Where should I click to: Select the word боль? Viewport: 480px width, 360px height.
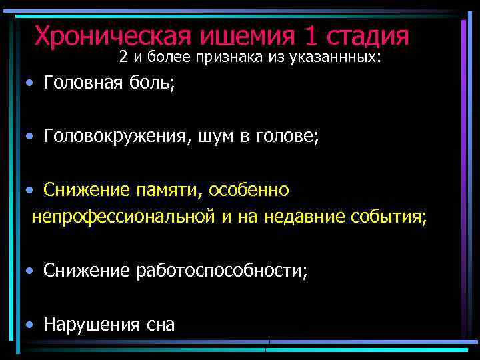(x=152, y=83)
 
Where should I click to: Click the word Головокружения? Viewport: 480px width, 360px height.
(x=115, y=137)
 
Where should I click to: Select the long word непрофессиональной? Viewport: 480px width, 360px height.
(x=122, y=217)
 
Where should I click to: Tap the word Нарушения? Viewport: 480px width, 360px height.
(x=91, y=325)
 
